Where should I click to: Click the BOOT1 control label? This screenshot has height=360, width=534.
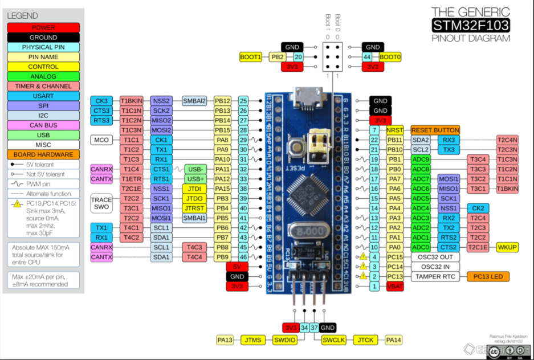(251, 57)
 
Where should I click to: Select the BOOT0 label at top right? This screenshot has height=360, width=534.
(390, 57)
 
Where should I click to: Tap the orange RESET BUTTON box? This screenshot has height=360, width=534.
(435, 130)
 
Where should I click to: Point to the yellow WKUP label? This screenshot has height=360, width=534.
(508, 247)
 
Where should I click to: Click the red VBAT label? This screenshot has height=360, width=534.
(394, 287)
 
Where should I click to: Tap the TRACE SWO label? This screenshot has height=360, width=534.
(101, 203)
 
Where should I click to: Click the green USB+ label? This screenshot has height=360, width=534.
(194, 179)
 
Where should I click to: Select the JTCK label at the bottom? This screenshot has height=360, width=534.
(365, 340)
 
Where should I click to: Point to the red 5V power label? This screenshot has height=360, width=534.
(237, 267)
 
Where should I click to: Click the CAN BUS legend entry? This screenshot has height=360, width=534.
(43, 125)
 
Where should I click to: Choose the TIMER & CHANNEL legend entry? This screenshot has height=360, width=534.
(43, 86)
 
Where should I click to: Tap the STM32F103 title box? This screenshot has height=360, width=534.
(470, 25)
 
